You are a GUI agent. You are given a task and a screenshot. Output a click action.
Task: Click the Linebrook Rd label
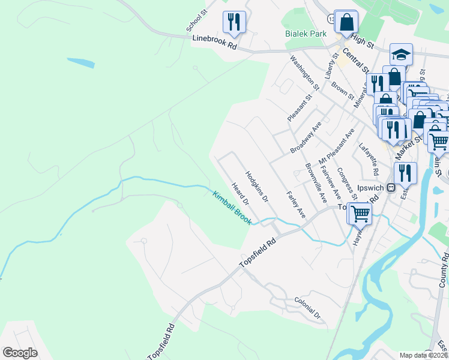click(x=214, y=42)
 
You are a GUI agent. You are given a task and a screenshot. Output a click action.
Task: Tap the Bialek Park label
click(x=306, y=34)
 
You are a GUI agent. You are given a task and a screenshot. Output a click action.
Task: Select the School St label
click(x=196, y=20)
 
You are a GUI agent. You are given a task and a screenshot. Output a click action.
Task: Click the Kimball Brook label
click(x=231, y=207)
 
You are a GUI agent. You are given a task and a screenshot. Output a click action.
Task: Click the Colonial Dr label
click(x=307, y=307)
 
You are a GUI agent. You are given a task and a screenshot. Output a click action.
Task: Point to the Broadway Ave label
click(x=306, y=137)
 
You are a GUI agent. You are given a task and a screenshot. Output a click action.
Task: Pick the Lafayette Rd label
click(x=368, y=161)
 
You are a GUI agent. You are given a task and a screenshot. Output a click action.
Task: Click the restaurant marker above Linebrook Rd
click(x=234, y=22)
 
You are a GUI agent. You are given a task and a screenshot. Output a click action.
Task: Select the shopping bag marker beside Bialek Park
click(x=346, y=22)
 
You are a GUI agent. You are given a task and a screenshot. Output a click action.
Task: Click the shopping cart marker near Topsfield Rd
click(x=360, y=213)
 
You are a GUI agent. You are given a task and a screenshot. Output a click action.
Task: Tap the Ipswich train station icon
click(x=391, y=187)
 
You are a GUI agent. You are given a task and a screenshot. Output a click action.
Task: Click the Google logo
click(x=20, y=352)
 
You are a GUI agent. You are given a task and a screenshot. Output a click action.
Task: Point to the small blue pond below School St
click(x=80, y=62)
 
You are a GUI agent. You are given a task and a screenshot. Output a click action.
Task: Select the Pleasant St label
click(x=300, y=107)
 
